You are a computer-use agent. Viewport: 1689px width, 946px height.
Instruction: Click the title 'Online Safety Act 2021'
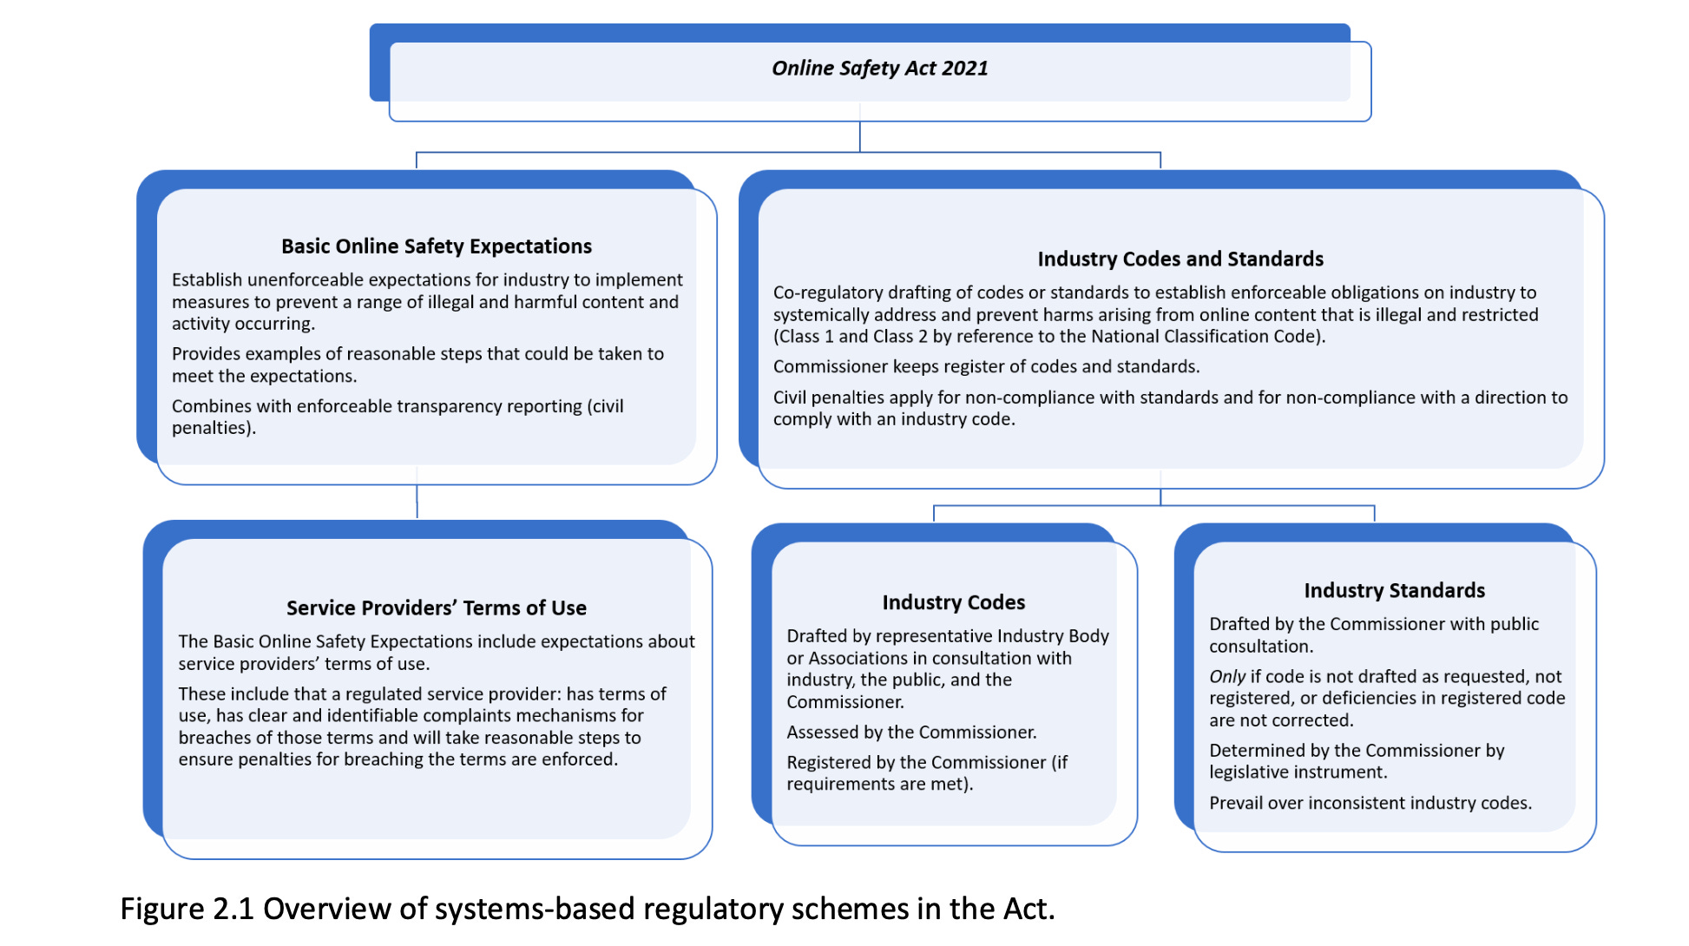tap(879, 69)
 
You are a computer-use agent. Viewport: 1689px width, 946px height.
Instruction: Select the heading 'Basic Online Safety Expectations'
tap(436, 246)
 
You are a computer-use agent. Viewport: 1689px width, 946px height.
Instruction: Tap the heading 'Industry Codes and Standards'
tap(1180, 259)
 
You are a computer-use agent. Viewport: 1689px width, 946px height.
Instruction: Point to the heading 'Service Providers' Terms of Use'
tap(436, 608)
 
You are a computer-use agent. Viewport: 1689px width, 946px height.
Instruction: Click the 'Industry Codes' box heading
tap(953, 602)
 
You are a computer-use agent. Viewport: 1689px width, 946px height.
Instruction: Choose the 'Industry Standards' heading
tap(1394, 591)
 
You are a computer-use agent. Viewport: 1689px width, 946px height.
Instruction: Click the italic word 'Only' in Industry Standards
tap(1227, 677)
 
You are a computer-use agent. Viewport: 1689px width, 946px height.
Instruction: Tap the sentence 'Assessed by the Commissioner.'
tap(911, 732)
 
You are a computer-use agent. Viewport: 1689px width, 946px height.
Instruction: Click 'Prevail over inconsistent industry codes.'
tap(1370, 804)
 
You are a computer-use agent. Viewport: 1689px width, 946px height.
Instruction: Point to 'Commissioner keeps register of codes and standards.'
tap(986, 367)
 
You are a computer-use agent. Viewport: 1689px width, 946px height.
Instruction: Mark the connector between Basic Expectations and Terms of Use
tap(417, 501)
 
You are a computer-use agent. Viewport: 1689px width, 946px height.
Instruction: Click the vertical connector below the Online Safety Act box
tap(860, 136)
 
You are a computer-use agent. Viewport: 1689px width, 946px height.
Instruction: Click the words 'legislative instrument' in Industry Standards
tap(1297, 772)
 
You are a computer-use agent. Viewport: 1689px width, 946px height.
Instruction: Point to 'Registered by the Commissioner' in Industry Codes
tap(916, 763)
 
